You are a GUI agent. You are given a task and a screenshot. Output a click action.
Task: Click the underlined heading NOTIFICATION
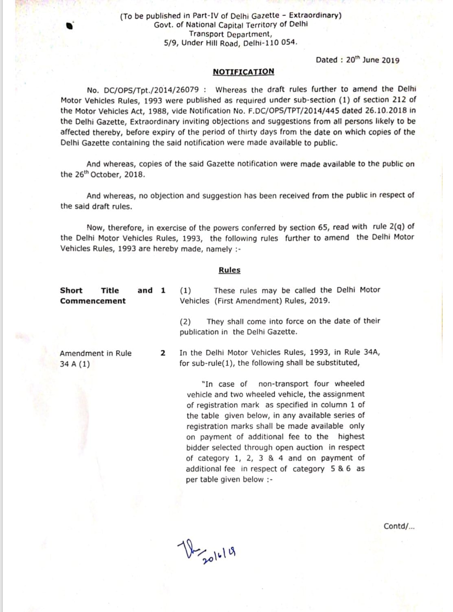[x=243, y=72]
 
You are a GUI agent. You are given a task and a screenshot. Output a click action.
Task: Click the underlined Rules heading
[x=230, y=270]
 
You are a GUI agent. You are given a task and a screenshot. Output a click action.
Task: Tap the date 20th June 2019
[x=372, y=60]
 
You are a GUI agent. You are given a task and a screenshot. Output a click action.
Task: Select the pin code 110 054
[x=281, y=43]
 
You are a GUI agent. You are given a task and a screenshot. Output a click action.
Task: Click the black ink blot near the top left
[x=70, y=26]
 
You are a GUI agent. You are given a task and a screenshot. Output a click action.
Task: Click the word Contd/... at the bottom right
[x=399, y=526]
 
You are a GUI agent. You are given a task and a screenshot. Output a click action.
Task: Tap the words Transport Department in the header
[x=230, y=34]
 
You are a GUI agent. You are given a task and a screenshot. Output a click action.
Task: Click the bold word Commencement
[x=93, y=301]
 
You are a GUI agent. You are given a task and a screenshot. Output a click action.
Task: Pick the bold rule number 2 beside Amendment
[x=163, y=353]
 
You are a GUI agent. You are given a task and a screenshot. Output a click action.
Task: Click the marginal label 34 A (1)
[x=75, y=364]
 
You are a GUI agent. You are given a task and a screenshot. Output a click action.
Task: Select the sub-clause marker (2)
[x=185, y=321]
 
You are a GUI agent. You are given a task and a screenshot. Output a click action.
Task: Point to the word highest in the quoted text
[x=351, y=437]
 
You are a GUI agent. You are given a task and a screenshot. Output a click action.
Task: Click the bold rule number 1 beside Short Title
[x=163, y=290]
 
